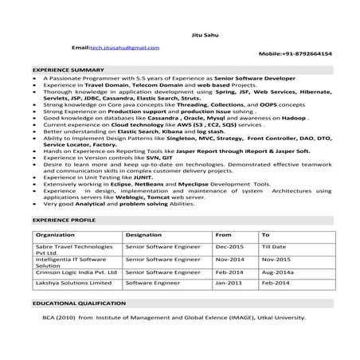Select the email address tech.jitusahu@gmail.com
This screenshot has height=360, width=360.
tap(129, 47)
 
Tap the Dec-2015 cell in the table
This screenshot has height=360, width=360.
tap(229, 247)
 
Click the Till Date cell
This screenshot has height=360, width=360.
tap(275, 247)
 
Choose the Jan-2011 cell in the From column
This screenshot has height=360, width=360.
tap(229, 282)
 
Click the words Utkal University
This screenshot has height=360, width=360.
tap(276, 316)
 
